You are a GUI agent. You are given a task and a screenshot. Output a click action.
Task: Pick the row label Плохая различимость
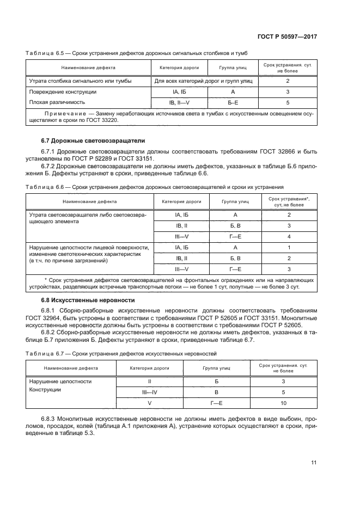[57, 102]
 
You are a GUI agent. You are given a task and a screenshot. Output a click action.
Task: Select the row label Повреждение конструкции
[63, 91]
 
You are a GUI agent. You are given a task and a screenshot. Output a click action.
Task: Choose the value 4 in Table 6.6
[289, 236]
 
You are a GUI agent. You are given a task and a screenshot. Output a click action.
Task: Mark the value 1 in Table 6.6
[289, 247]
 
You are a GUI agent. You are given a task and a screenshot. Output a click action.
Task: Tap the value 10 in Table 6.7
[283, 403]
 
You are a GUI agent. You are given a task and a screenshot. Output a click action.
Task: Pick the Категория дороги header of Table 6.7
[149, 367]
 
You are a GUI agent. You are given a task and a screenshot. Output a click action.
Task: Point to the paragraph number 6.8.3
[48, 419]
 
